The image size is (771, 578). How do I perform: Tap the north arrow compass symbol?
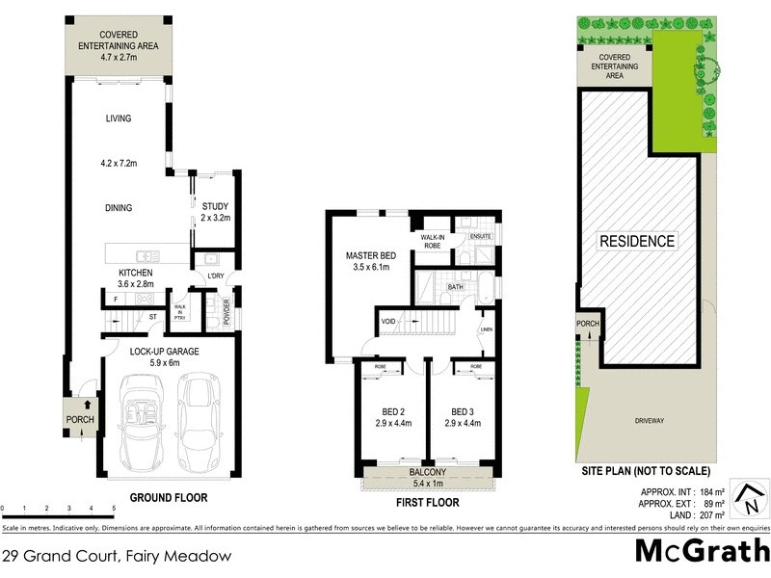(x=747, y=498)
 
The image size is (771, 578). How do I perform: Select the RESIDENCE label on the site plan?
(x=638, y=241)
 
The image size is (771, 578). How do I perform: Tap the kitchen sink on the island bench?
(x=146, y=255)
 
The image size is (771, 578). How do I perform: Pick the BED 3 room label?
(x=463, y=410)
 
